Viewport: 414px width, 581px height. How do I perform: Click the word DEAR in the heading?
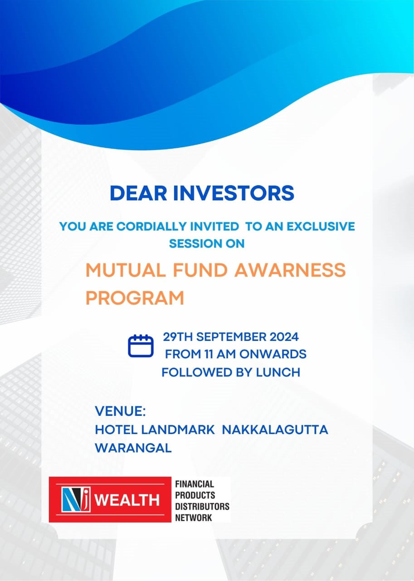coord(139,193)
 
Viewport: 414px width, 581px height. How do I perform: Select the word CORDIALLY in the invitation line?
coord(151,226)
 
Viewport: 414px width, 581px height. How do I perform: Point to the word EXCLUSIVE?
coord(321,226)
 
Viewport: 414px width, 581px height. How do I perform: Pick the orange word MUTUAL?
coord(126,270)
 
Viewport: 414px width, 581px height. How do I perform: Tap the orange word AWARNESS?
coord(290,270)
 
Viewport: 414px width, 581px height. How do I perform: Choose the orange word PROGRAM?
coord(135,298)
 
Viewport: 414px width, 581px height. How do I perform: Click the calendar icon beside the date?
coord(141,346)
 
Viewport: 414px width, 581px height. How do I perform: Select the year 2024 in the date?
coord(284,337)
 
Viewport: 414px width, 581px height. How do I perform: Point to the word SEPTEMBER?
coord(231,337)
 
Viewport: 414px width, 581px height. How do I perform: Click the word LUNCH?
coord(278,373)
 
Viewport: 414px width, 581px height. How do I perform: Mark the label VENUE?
coord(120,411)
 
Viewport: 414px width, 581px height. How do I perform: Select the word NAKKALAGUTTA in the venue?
coord(275,429)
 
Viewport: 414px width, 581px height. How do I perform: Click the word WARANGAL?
coord(133,448)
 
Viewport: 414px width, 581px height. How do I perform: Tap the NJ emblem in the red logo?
coord(76,499)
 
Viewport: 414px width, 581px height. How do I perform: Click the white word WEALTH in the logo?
coord(127,500)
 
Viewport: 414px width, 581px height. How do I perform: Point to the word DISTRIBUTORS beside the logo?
coord(202,506)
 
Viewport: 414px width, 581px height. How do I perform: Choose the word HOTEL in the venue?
coord(116,429)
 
